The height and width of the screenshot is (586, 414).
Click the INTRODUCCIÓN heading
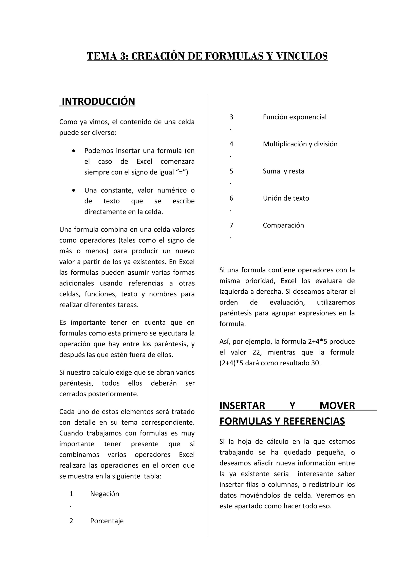pos(98,102)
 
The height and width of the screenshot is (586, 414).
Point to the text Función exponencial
pos(294,117)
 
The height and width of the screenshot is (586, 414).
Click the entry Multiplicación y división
pos(300,144)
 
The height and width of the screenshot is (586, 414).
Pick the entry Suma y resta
pos(283,171)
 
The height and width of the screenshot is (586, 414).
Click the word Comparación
pos(283,225)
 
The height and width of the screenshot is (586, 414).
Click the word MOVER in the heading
pos(337,406)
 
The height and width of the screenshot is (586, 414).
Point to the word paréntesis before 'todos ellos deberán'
pos(76,383)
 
